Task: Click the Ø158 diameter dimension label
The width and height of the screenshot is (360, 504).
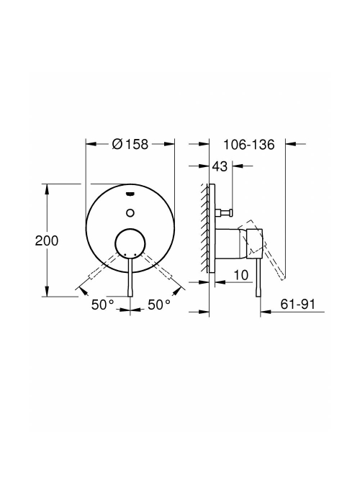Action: [x=130, y=144]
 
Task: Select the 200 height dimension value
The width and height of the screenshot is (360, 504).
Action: [x=47, y=240]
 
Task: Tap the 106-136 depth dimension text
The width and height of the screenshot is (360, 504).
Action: [x=249, y=145]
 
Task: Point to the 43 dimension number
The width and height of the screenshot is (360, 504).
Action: [x=220, y=166]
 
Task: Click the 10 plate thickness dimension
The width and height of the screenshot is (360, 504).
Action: [x=241, y=275]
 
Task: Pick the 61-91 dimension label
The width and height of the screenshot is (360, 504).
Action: [x=298, y=304]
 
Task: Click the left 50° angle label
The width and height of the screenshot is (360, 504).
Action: [x=103, y=305]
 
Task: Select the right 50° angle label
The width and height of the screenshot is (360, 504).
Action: [x=159, y=305]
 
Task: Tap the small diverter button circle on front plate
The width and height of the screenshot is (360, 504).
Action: [x=130, y=212]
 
